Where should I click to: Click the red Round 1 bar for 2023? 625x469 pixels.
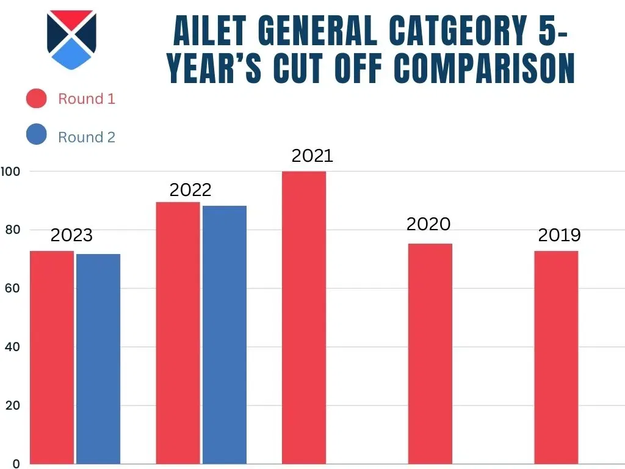pos(52,357)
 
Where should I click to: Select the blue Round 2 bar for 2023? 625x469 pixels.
pos(98,358)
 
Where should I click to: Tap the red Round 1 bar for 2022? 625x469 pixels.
pos(178,333)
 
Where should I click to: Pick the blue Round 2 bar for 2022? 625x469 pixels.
pos(225,335)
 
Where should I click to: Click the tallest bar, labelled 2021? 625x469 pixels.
pos(304,318)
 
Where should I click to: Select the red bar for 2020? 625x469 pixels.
pos(430,354)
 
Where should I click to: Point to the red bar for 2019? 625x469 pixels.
pos(556,357)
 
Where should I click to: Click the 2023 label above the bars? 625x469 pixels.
pos(71,235)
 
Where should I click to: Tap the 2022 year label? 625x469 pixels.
pos(190,190)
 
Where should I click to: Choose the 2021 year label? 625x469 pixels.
pos(312,156)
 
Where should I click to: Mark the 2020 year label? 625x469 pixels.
pos(428,224)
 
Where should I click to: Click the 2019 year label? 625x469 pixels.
pos(559,235)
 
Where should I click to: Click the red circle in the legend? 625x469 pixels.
pos(37,98)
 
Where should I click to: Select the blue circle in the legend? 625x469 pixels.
pos(37,135)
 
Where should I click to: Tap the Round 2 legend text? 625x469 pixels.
pos(87,137)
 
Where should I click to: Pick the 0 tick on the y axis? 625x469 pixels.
pos(16,464)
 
